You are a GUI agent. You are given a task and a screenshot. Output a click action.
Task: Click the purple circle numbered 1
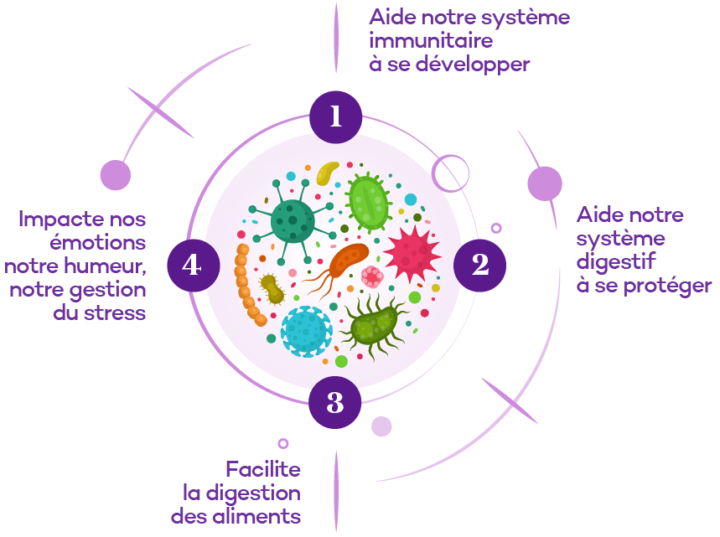tap(335, 116)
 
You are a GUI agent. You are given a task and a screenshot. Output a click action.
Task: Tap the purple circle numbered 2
tap(479, 265)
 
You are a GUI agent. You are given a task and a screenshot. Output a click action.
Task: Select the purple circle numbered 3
tap(335, 403)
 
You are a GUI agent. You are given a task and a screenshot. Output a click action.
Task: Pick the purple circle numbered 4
tap(192, 265)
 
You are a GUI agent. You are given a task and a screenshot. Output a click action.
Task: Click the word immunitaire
tap(431, 40)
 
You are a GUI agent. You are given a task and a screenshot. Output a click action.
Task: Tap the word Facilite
tap(262, 469)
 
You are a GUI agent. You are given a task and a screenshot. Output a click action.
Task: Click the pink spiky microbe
tap(412, 253)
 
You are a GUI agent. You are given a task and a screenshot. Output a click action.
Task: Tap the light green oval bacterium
tap(368, 201)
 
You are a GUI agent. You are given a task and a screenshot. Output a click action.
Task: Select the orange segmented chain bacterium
tap(248, 286)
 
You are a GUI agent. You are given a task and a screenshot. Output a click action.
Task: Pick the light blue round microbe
tap(307, 330)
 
